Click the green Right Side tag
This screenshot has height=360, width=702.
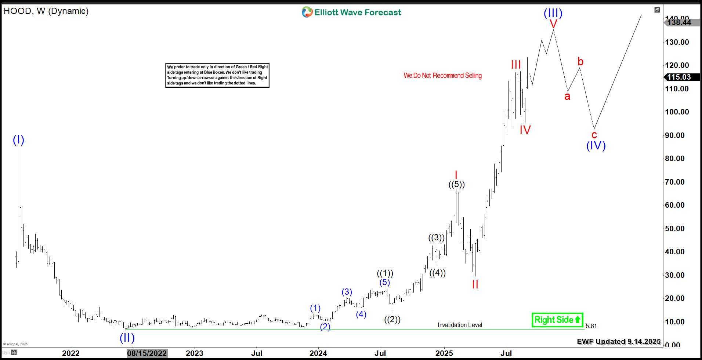tap(557, 320)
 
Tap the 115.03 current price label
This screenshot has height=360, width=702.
tap(679, 77)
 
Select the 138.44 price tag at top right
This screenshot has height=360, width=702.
tap(679, 22)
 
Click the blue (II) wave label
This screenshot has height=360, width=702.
tap(127, 338)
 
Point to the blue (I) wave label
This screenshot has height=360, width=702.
tap(18, 140)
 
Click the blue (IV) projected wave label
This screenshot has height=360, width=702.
tap(596, 146)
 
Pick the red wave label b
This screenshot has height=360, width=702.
tap(580, 61)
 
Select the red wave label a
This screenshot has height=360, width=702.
tap(567, 96)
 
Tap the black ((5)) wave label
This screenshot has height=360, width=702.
tap(456, 184)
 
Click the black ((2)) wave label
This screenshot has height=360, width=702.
tap(392, 319)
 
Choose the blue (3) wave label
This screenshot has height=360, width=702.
tap(347, 292)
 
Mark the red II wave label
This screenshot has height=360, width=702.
tap(475, 284)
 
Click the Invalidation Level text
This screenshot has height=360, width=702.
tap(460, 325)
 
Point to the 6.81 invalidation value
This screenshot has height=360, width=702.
tap(591, 326)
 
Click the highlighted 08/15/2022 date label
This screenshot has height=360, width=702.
tap(147, 353)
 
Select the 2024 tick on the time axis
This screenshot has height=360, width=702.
tap(318, 353)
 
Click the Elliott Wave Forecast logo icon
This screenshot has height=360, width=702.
tap(307, 12)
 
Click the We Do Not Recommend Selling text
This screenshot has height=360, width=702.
tap(442, 76)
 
